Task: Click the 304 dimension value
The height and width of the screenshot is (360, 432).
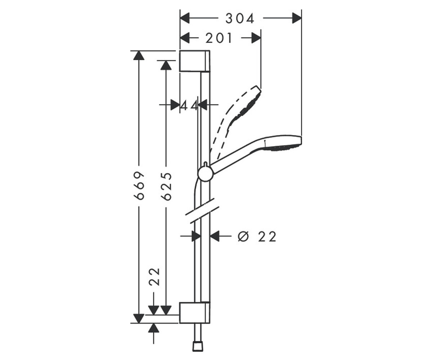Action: point(240,19)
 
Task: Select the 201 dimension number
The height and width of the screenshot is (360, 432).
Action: point(219,38)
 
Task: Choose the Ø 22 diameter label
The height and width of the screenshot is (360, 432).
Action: point(257,237)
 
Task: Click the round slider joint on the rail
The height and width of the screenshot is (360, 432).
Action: point(205,174)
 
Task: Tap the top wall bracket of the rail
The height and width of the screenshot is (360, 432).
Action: point(195,61)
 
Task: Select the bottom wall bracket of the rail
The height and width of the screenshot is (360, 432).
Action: point(195,312)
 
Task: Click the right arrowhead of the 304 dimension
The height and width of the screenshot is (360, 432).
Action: point(297,18)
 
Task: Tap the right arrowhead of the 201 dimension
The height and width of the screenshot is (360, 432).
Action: point(256,38)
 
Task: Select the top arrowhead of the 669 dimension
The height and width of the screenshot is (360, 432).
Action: point(139,55)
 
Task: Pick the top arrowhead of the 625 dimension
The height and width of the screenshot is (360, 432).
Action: point(166,65)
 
